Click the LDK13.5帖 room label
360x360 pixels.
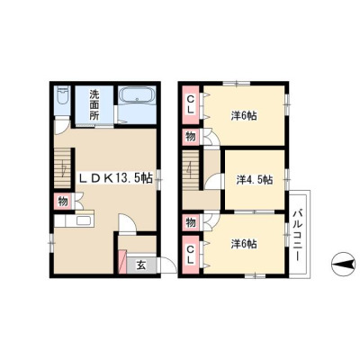pos(116,179)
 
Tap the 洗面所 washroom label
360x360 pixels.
pos(94,105)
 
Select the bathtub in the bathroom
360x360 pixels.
pos(137,95)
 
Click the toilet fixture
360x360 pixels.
pos(63,95)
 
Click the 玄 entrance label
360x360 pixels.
pos(141,265)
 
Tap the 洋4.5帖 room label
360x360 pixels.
pos(255,180)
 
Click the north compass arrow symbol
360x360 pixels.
pos(345,265)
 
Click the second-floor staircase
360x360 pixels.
pos(191,169)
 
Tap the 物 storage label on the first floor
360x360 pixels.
pos(63,202)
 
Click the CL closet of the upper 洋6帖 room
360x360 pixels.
pos(190,104)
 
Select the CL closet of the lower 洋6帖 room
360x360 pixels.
pos(190,255)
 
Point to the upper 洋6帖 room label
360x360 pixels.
pos(244,116)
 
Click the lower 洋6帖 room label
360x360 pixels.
pos(244,244)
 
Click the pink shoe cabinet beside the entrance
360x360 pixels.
pos(122,262)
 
